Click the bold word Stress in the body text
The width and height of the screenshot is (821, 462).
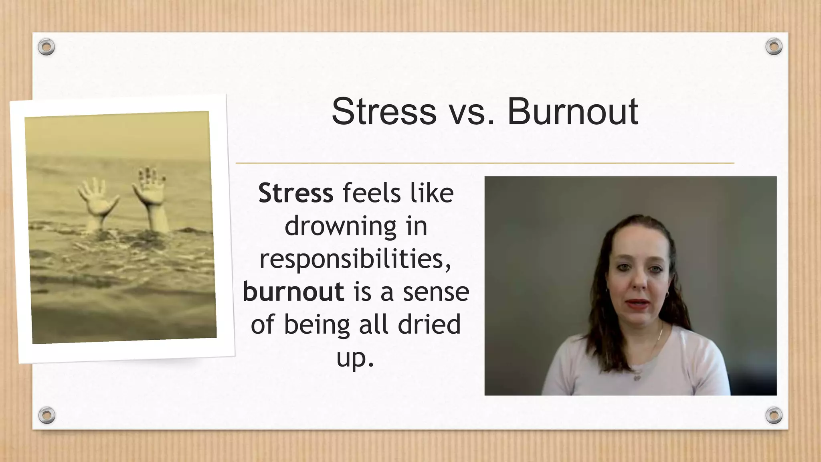pyautogui.click(x=295, y=193)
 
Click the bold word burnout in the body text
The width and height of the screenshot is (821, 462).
pyautogui.click(x=293, y=292)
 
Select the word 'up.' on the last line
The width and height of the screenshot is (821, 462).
pyautogui.click(x=355, y=358)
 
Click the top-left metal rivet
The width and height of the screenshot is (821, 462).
pyautogui.click(x=47, y=47)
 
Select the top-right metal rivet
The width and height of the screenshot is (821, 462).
pyautogui.click(x=774, y=47)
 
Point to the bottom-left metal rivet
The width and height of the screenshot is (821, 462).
pyautogui.click(x=47, y=415)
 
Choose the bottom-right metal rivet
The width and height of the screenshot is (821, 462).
pyautogui.click(x=774, y=415)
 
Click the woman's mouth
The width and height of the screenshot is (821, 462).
pyautogui.click(x=637, y=304)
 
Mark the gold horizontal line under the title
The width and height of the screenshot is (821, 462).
pyautogui.click(x=485, y=163)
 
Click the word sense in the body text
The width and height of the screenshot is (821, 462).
pyautogui.click(x=436, y=292)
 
